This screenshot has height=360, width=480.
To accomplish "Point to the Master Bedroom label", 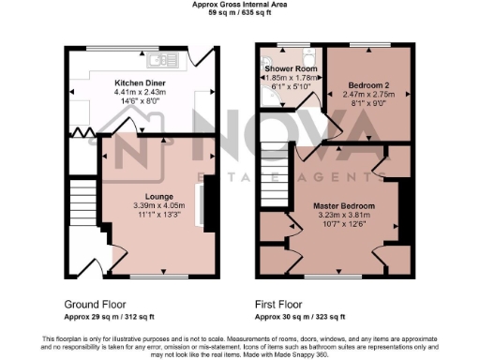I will point(345,205).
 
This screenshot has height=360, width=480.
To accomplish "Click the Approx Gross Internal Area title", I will point(239,5).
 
